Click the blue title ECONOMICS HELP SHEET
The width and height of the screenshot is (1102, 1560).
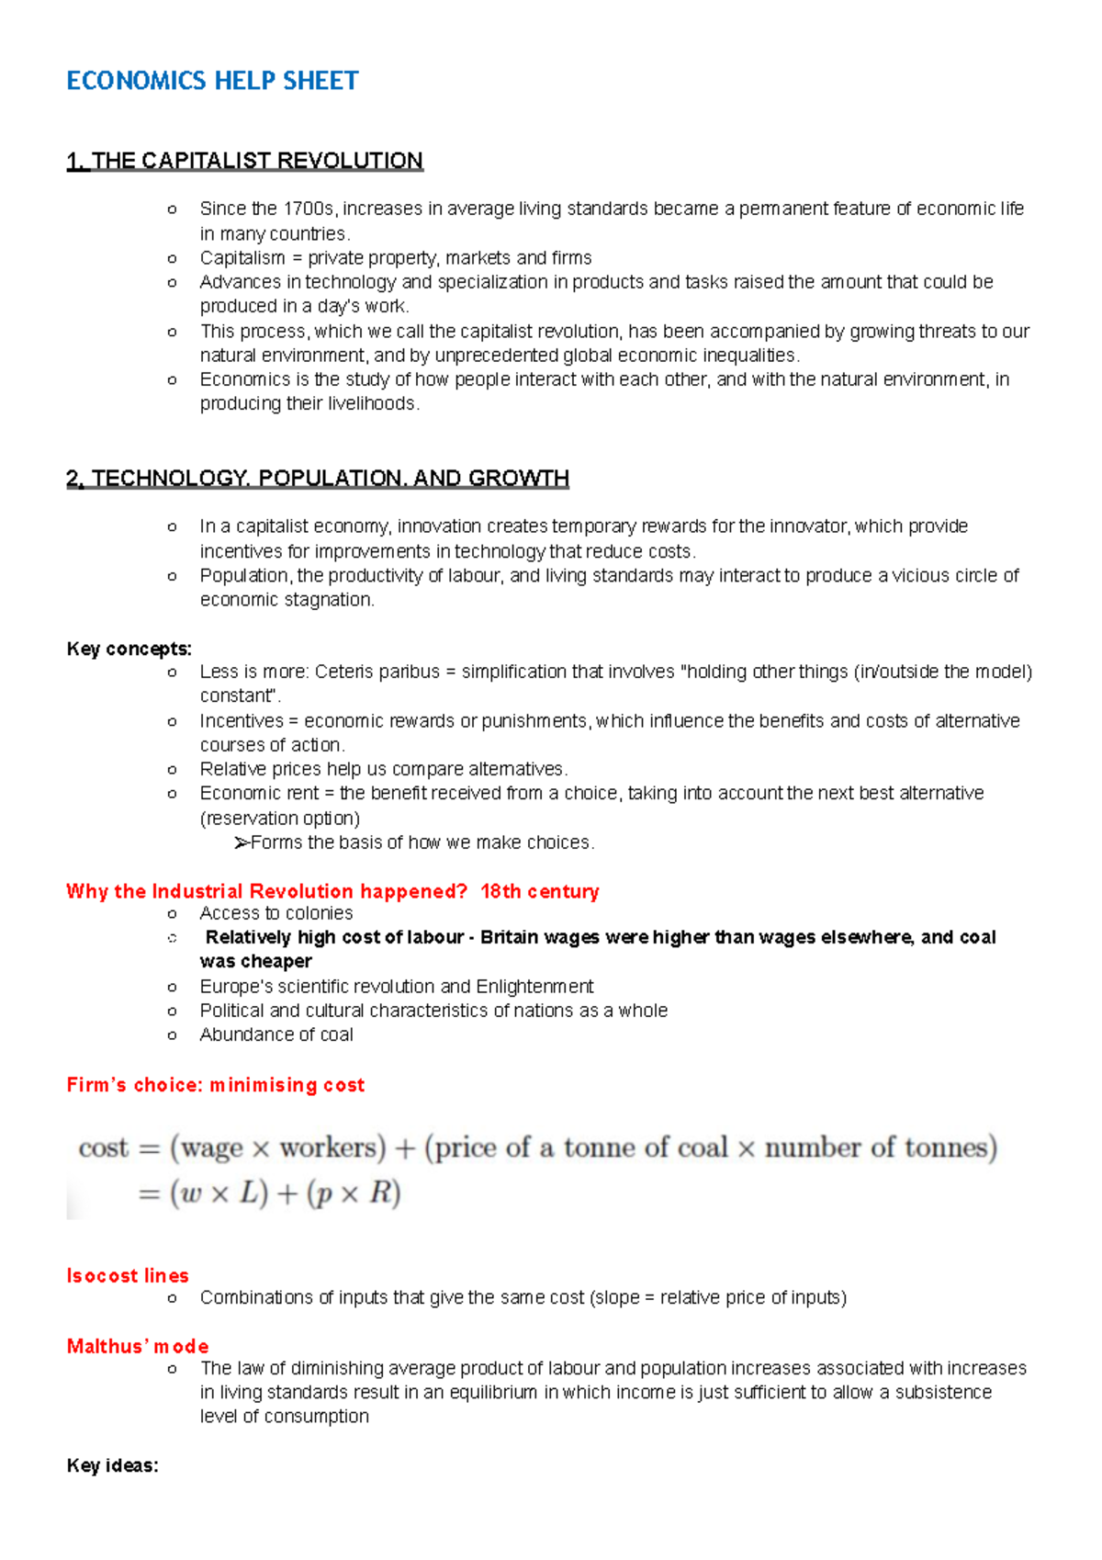[x=212, y=81]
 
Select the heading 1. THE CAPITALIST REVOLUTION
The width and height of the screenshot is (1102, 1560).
[x=244, y=161]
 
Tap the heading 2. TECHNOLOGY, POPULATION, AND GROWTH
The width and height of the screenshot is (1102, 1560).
[x=318, y=479]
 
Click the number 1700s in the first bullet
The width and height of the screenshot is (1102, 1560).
[x=309, y=209]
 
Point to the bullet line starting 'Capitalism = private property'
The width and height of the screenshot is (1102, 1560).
[x=395, y=258]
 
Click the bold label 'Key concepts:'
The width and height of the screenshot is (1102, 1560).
[x=129, y=649]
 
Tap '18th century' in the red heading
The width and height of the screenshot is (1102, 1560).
[x=539, y=891]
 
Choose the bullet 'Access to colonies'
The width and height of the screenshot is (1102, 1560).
[x=275, y=913]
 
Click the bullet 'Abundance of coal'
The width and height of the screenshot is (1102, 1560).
[x=275, y=1034]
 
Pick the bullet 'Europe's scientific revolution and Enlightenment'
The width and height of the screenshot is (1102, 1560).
[x=396, y=987]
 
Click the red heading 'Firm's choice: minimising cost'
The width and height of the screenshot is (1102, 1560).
[x=215, y=1085]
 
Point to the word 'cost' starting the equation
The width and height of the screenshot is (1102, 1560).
[x=103, y=1147]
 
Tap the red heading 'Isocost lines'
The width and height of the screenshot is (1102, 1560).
[x=128, y=1275]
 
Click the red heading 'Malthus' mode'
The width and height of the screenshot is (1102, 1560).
[x=138, y=1346]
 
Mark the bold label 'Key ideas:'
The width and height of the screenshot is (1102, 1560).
[x=112, y=1465]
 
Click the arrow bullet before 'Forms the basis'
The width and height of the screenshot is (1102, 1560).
[x=242, y=842]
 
